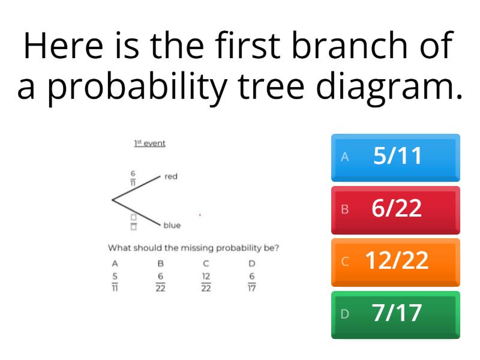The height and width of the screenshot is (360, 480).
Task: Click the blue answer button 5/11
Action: (396, 157)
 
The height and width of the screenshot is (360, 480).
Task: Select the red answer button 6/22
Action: (396, 209)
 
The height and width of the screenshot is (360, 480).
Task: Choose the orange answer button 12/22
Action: (396, 262)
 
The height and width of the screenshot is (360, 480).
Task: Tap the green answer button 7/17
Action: (396, 314)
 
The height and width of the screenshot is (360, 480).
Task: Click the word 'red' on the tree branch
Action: (171, 176)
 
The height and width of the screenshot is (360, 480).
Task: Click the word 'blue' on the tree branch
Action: (172, 226)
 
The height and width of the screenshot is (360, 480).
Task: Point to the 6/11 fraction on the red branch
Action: (133, 178)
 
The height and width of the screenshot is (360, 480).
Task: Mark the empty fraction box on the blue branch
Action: (133, 222)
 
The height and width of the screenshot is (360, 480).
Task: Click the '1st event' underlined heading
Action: (149, 143)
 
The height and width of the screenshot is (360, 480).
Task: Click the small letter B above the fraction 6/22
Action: (160, 263)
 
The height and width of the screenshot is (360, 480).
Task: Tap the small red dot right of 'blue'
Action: (200, 214)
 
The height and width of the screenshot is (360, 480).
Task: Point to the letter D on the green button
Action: (344, 314)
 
